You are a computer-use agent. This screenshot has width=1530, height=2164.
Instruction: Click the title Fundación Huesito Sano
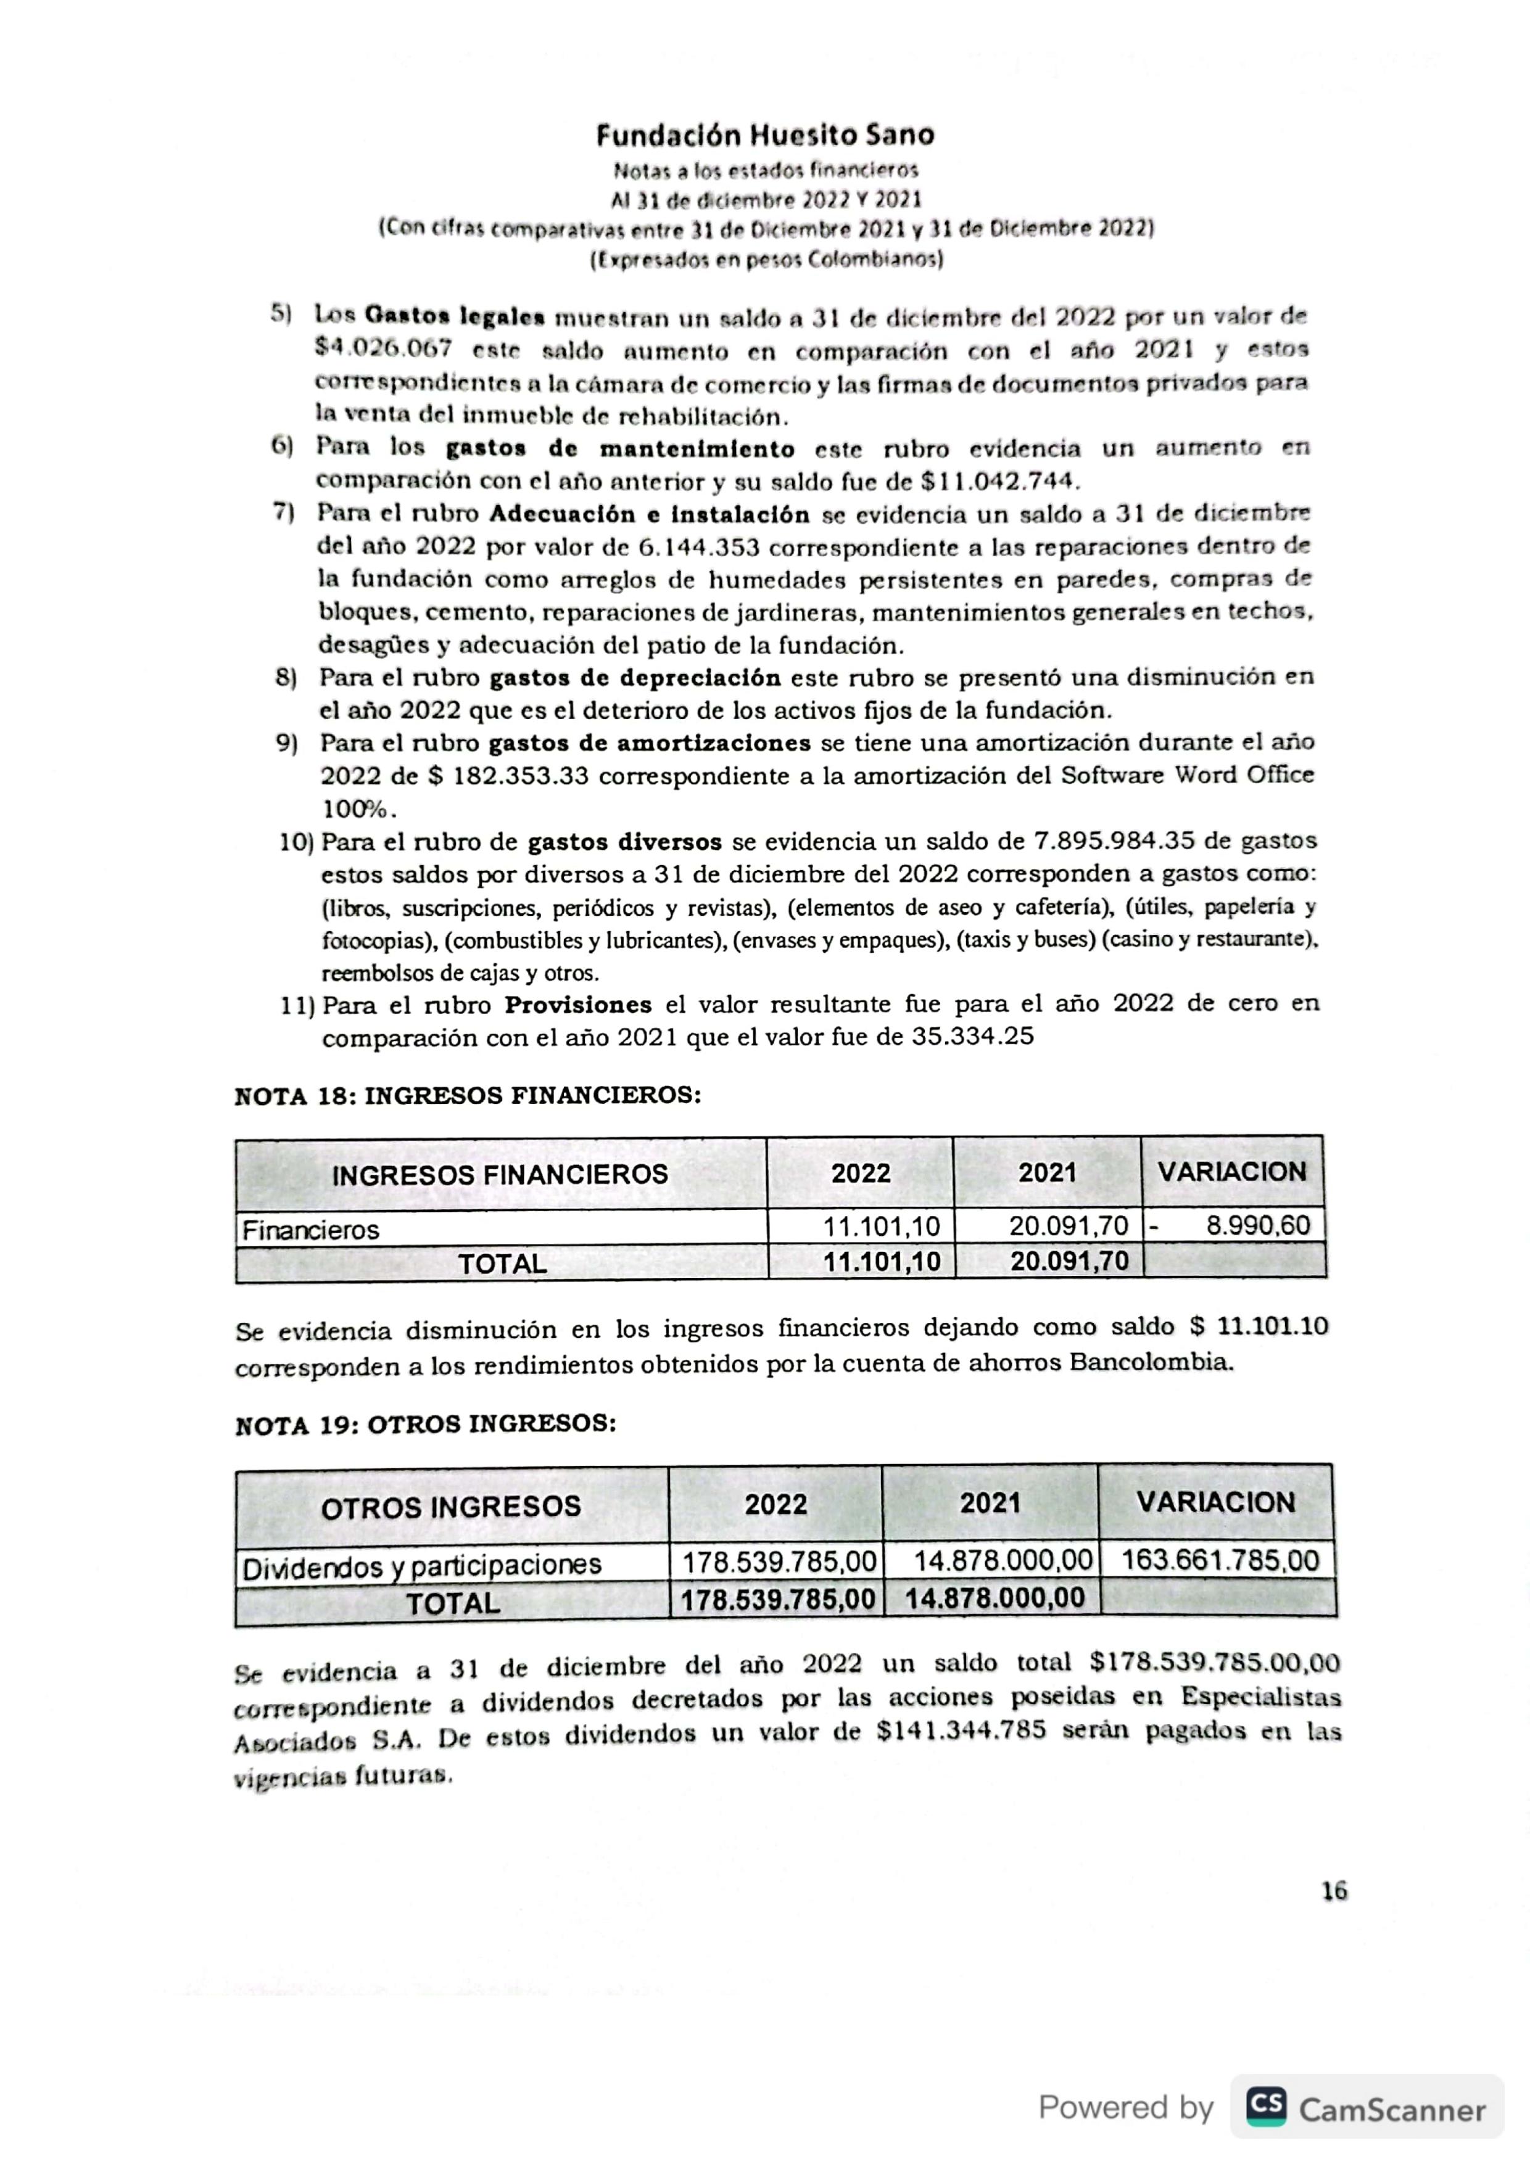[x=764, y=136]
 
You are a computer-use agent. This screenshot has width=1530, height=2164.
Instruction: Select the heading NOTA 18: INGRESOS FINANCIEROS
[x=468, y=1095]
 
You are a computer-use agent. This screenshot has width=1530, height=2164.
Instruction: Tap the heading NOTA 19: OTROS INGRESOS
[x=425, y=1423]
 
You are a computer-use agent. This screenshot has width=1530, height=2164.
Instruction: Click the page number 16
[x=1334, y=1891]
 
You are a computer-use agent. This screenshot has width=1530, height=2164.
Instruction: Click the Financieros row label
[x=310, y=1230]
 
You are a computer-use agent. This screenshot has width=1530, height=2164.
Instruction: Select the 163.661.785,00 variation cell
[x=1220, y=1560]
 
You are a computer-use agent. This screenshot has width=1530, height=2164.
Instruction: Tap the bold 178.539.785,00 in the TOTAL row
[x=778, y=1600]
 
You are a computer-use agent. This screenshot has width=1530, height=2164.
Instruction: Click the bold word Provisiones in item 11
[x=578, y=1005]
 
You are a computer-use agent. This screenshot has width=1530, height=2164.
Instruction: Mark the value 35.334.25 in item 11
[x=972, y=1037]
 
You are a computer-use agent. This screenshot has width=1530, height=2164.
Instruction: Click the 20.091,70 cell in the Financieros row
[x=1068, y=1226]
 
